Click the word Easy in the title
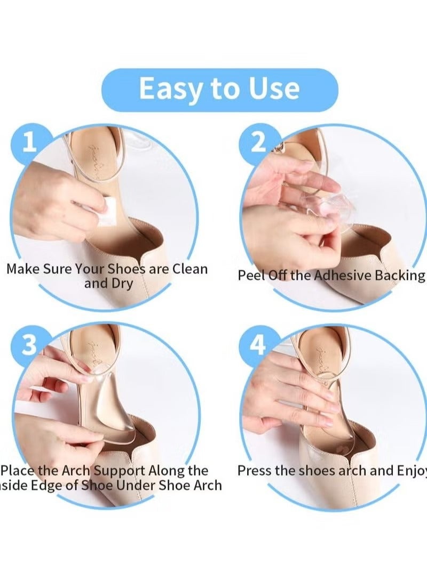point(170,89)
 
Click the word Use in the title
point(270,89)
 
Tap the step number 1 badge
point(30,143)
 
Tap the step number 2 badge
point(258,143)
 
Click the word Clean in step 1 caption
point(189,269)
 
